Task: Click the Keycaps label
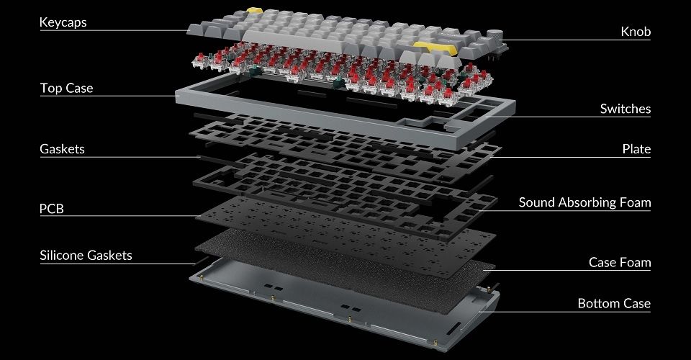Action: (x=63, y=22)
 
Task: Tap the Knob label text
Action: (x=636, y=32)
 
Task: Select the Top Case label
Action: (x=66, y=88)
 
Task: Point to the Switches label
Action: (x=625, y=109)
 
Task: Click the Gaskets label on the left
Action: (x=62, y=149)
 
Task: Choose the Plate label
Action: (x=636, y=149)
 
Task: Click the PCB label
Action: (x=52, y=208)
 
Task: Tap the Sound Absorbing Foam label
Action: (x=584, y=202)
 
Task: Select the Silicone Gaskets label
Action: (x=86, y=256)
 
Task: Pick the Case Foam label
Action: (x=620, y=263)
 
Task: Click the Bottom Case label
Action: (x=614, y=304)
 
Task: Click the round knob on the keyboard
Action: (x=494, y=36)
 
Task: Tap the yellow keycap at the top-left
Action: (x=255, y=10)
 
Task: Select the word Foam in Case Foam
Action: (x=636, y=263)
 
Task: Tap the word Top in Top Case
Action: (x=50, y=88)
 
